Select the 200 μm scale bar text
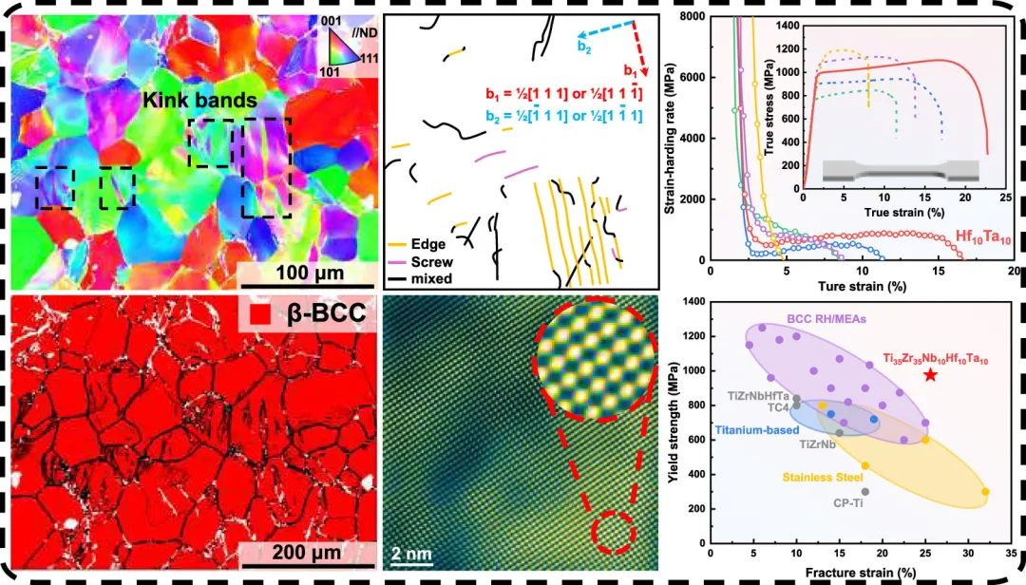coord(290,553)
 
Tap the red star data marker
coord(930,375)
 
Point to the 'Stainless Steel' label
coord(823,476)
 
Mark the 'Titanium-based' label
coord(756,429)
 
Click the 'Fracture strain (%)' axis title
coord(860,573)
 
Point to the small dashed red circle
coord(610,533)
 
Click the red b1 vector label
coord(631,69)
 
